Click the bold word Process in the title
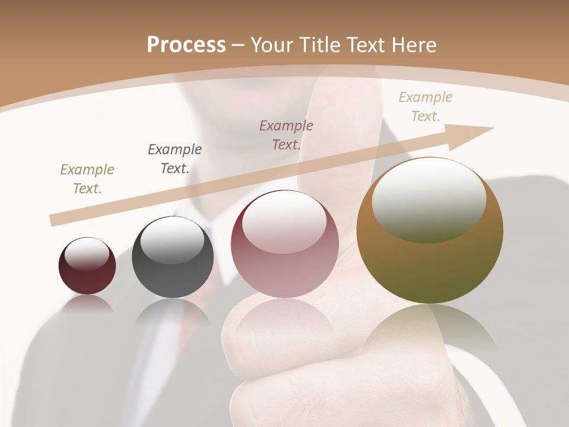point(186,45)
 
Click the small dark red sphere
point(87,279)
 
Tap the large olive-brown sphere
point(430,267)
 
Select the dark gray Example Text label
point(174,159)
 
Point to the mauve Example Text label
point(286,135)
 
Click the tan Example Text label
point(425,107)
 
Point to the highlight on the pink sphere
point(284,223)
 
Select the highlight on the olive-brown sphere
point(429,202)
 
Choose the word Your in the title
point(271,45)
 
